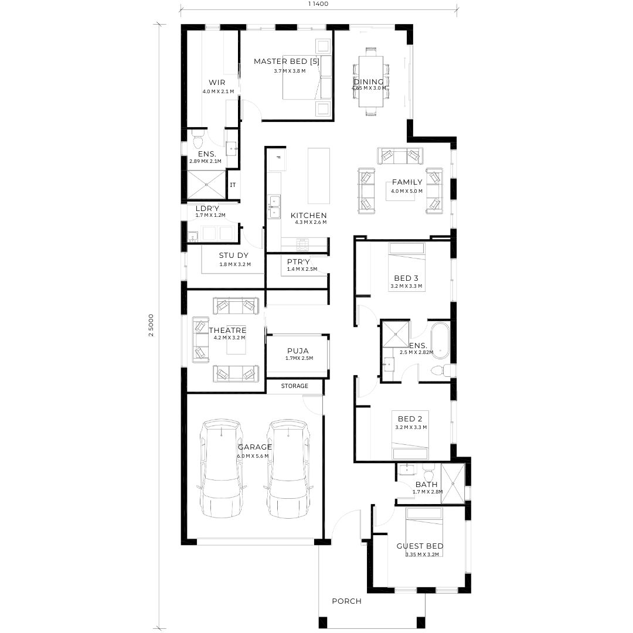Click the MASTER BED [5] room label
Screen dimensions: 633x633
(x=286, y=62)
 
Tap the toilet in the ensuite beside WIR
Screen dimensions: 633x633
(x=198, y=139)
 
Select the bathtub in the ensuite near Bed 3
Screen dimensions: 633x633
(x=440, y=340)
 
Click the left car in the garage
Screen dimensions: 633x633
(x=222, y=468)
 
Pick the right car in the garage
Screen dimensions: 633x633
(x=288, y=468)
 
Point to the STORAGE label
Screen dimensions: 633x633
(x=295, y=386)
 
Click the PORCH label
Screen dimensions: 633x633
(x=347, y=601)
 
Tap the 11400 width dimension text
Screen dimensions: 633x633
(x=318, y=4)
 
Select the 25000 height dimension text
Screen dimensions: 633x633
(x=151, y=325)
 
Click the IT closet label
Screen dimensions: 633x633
(x=233, y=185)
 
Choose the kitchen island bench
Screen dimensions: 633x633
(x=318, y=176)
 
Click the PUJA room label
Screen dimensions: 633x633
(x=298, y=351)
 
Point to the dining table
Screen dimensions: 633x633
(x=371, y=81)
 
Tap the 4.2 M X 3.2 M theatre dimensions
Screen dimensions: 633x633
(x=229, y=338)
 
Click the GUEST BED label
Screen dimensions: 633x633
(x=420, y=546)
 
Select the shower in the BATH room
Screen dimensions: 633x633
(x=453, y=484)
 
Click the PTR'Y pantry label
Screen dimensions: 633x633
(x=298, y=261)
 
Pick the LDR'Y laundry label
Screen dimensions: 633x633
(x=207, y=208)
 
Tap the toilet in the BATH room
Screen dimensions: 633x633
(x=428, y=471)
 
